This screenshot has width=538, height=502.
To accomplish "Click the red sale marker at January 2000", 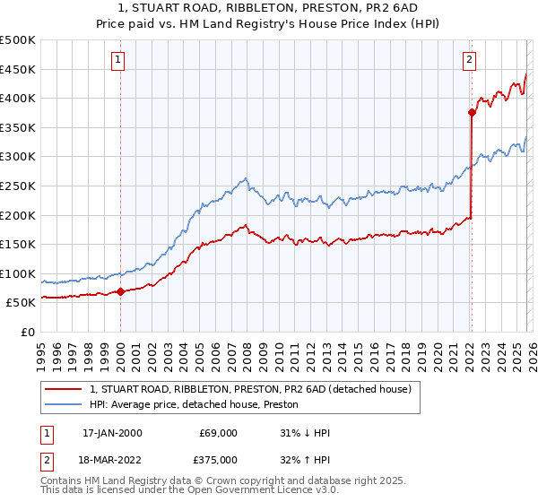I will click(x=120, y=291).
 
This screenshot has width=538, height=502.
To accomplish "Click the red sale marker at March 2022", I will click(x=471, y=112).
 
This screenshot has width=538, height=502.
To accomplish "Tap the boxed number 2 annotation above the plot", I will click(x=469, y=61).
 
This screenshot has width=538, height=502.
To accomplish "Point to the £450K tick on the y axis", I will click(x=18, y=70).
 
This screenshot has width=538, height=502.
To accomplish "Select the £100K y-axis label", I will click(x=18, y=274).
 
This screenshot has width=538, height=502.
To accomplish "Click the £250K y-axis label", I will click(x=18, y=186).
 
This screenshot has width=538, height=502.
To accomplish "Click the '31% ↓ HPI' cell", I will click(x=305, y=433).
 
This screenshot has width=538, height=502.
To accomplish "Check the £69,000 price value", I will click(x=218, y=433).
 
